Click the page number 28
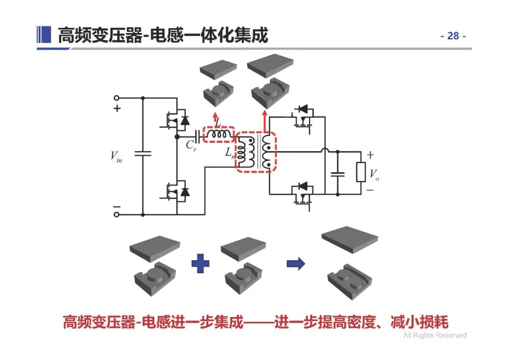453,36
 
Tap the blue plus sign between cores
200,263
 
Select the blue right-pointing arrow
296,263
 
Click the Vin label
116,156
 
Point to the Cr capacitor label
191,146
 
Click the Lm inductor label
230,153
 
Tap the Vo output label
374,175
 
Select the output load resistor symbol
361,172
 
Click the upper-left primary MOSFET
175,121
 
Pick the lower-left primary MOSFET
175,192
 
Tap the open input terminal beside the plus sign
116,98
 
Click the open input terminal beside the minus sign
116,214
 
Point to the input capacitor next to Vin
143,154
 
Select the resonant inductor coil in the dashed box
219,134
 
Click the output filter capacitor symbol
337,175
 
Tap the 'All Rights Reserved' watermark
435,335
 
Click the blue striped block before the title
44,34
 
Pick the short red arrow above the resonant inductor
215,117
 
